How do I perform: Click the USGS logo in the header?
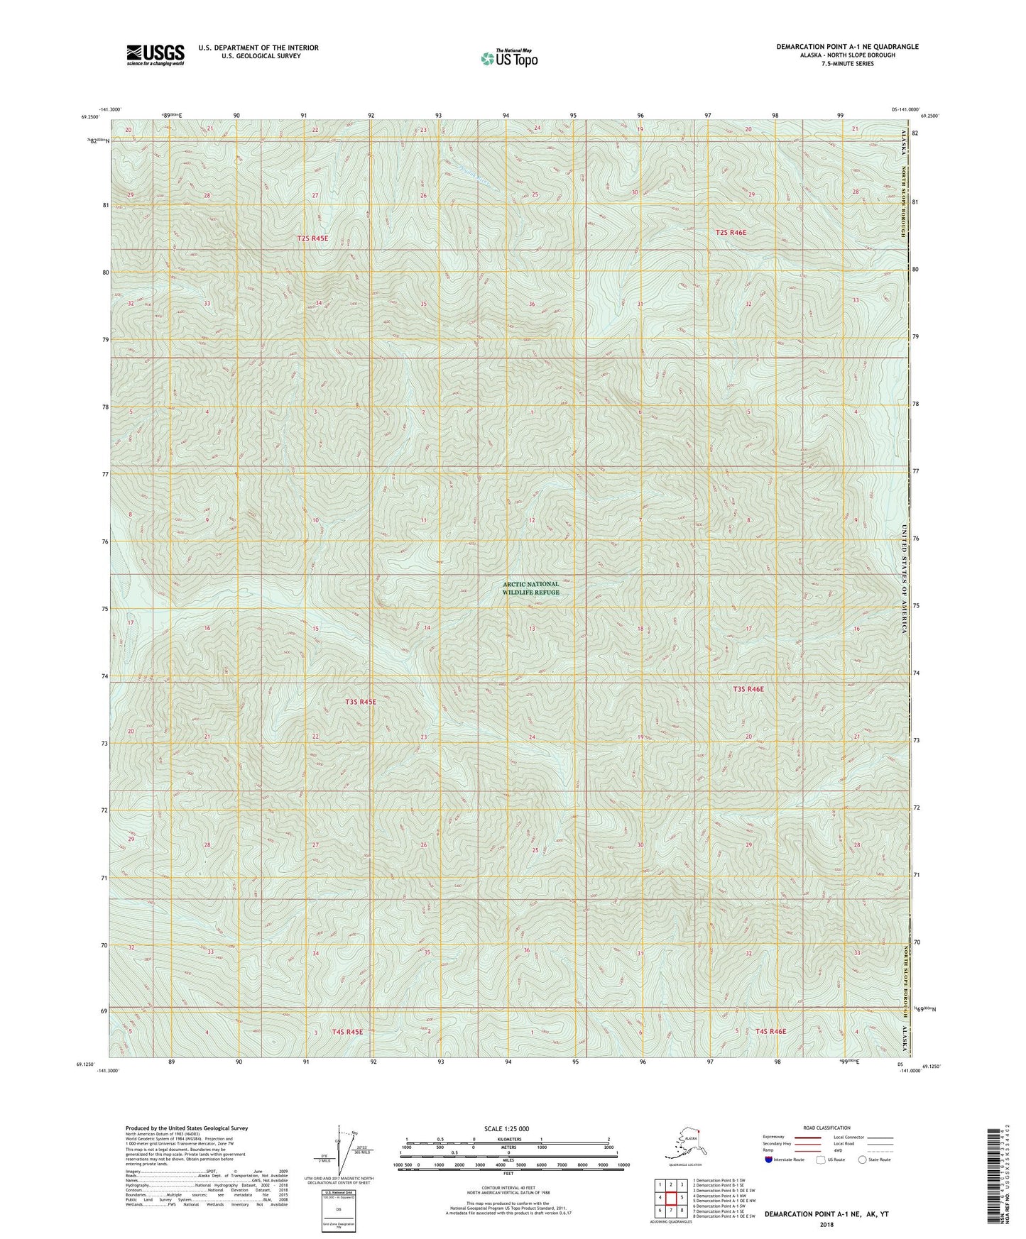tap(155, 55)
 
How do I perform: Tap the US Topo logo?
tap(508, 58)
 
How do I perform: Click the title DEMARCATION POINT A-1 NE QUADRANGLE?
tap(847, 47)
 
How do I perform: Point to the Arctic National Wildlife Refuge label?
tap(531, 588)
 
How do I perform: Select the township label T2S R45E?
tap(312, 238)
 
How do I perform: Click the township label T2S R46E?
tap(731, 232)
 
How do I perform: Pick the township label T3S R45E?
tap(361, 702)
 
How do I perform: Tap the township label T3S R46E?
tap(748, 689)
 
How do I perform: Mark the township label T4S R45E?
tap(347, 1032)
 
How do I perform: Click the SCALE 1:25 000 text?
tap(508, 1128)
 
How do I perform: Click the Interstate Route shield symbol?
tap(770, 1160)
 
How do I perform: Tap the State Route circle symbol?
tap(863, 1160)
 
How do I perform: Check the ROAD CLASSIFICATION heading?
tap(826, 1128)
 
